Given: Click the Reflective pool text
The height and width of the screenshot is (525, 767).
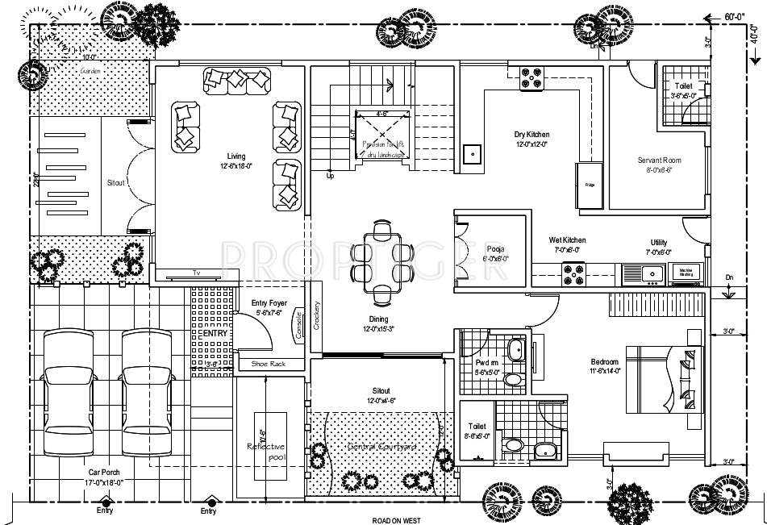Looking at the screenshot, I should coord(265,452).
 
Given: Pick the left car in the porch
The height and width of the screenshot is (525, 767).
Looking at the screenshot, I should coord(69,390).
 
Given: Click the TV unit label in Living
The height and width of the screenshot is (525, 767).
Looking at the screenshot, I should coord(196,273).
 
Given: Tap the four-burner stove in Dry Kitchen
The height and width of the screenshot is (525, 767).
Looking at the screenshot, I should coord(531,77).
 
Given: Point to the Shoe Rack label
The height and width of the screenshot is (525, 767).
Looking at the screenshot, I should coord(263,365).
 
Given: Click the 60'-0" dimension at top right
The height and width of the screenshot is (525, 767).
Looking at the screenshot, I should coord(733,16).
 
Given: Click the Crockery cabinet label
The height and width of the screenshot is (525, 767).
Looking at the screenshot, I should coord(317,315).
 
